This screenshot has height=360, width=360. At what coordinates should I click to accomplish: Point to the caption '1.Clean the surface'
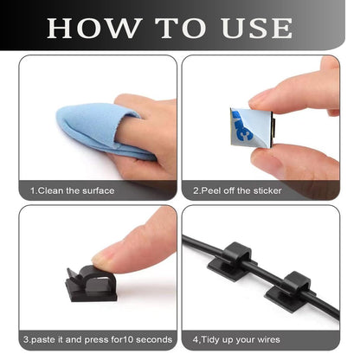point(72,190)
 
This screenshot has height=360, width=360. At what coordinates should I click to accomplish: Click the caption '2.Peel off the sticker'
point(238,190)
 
